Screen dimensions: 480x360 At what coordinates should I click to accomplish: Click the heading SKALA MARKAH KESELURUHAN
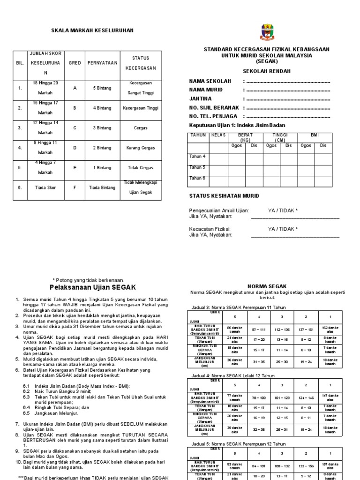click(92, 30)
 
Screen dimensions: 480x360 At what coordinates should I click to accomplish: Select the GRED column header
click(75, 63)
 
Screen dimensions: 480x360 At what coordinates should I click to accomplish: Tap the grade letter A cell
click(75, 88)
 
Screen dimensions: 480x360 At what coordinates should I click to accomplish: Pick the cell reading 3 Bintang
click(102, 127)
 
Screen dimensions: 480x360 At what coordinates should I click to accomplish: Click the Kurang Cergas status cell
click(140, 148)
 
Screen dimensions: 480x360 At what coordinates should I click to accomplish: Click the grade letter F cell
click(75, 187)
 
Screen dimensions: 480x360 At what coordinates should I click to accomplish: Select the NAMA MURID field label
click(206, 90)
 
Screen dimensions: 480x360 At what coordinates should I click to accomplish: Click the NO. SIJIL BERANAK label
click(213, 107)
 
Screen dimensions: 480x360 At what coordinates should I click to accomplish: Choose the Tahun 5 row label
click(197, 167)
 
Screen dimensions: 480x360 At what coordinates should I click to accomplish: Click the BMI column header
click(315, 135)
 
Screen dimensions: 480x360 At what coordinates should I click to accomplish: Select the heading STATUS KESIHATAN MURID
click(224, 195)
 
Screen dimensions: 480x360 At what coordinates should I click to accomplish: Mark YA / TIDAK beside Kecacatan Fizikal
click(283, 229)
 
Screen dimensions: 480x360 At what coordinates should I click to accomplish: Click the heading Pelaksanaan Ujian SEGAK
click(92, 287)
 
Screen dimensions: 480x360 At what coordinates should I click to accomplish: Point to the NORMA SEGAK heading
click(266, 286)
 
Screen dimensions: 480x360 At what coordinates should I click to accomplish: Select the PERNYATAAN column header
click(102, 63)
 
